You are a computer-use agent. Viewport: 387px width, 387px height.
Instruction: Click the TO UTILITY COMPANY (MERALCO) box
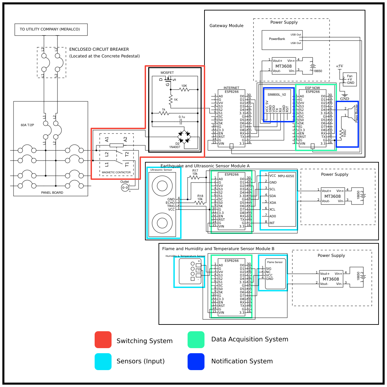click(51, 29)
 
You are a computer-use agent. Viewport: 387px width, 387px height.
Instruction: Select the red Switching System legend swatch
click(103, 340)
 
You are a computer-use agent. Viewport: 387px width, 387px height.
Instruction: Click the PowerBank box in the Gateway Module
click(282, 40)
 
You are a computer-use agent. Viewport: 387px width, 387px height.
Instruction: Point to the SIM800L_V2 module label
click(277, 95)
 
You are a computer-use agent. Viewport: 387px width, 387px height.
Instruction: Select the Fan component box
click(349, 79)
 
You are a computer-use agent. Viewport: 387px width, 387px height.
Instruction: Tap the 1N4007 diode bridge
click(184, 137)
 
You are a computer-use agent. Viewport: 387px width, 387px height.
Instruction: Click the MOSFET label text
click(167, 73)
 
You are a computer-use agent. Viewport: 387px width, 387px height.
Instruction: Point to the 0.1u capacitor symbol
click(182, 121)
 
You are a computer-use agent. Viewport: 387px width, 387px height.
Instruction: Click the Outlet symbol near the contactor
click(125, 188)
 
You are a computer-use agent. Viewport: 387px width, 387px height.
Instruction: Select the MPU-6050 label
click(286, 176)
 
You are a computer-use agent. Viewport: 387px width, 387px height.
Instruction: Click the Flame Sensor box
click(275, 274)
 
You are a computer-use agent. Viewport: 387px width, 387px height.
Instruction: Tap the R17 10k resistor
click(195, 176)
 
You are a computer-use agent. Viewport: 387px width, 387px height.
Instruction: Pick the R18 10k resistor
click(200, 203)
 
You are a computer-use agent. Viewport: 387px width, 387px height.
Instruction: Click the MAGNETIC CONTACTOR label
click(116, 172)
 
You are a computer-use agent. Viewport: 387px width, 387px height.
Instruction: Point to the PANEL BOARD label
click(52, 193)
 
